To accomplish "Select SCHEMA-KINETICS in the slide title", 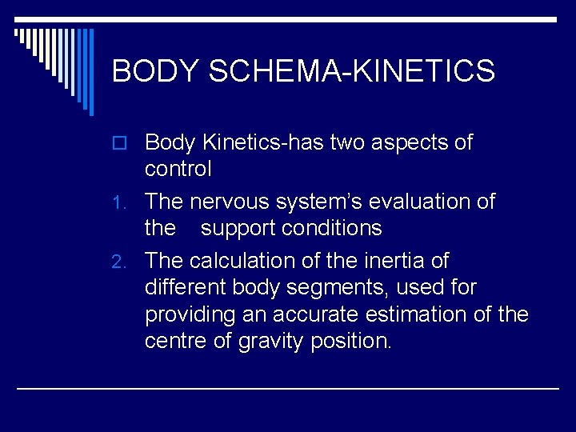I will point(351,72).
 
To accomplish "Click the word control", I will point(178,170).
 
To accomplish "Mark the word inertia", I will point(383,261).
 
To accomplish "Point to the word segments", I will point(345,288).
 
